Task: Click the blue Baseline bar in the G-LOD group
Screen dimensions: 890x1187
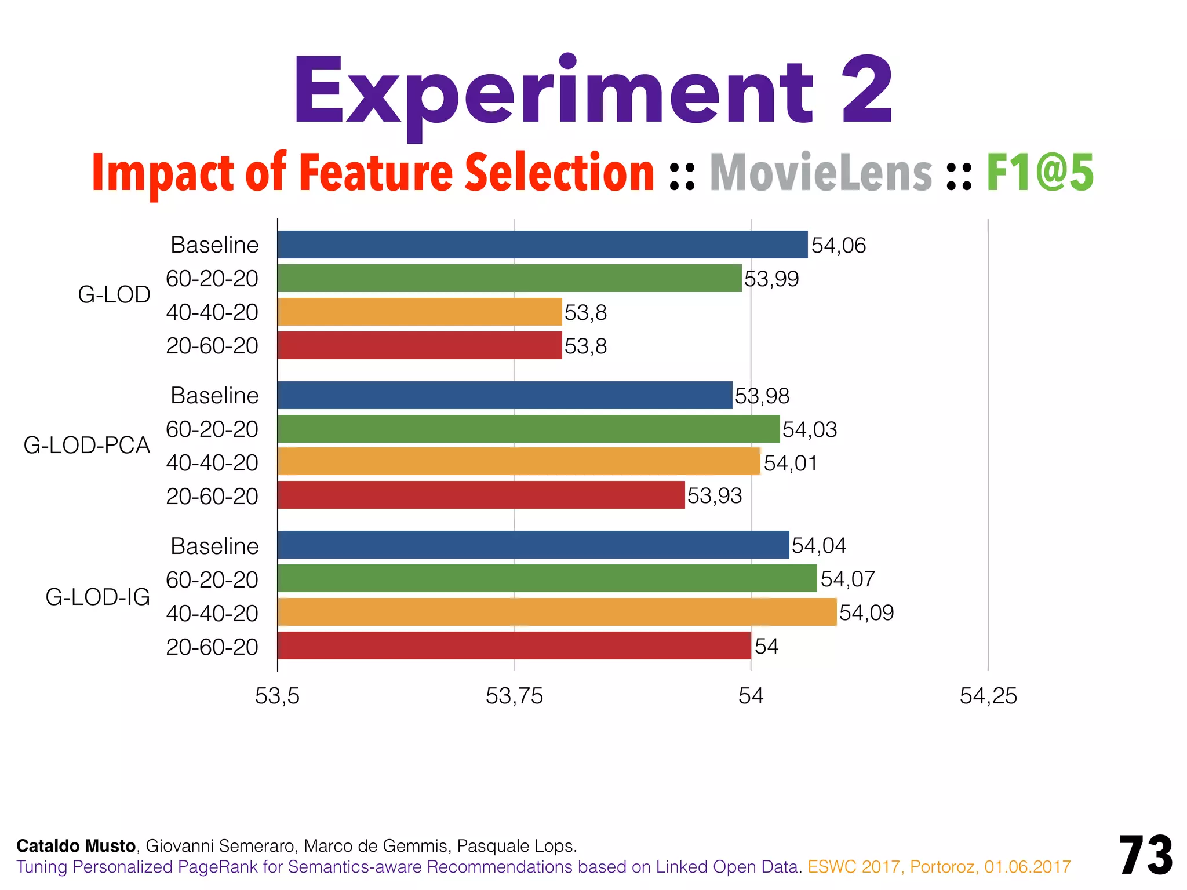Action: (x=542, y=245)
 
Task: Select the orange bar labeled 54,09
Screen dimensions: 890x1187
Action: (x=556, y=612)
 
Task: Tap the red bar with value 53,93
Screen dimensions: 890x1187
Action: (x=481, y=495)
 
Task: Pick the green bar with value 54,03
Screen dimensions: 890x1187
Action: (x=529, y=429)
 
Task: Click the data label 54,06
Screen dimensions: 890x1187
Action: (x=838, y=246)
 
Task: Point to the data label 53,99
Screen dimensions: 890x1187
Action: (x=771, y=279)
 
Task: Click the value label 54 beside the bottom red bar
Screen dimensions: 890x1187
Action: (x=766, y=646)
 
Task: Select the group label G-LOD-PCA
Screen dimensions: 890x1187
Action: (x=87, y=445)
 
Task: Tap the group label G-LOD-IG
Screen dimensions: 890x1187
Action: (x=97, y=597)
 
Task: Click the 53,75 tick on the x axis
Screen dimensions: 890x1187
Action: (x=514, y=696)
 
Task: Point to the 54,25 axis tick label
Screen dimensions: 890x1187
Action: (x=988, y=696)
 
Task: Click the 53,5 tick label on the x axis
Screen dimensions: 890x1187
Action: (x=277, y=696)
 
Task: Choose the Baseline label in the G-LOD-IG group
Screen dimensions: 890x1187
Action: (x=214, y=546)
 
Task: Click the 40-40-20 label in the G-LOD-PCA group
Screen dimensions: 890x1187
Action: (x=212, y=462)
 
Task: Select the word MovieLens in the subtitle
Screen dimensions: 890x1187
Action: (x=821, y=173)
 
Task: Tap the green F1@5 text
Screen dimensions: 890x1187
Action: (x=1040, y=173)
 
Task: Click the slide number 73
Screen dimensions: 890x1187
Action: (x=1146, y=855)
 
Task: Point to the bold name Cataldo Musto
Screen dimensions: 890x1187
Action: (x=76, y=846)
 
